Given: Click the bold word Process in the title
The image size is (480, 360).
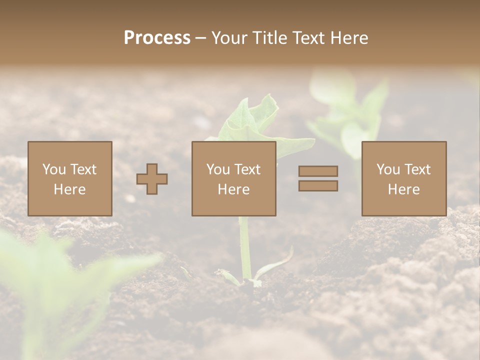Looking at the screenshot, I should tap(157, 38).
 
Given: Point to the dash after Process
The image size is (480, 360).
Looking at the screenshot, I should tap(201, 38).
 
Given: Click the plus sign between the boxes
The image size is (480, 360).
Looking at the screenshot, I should tap(152, 179).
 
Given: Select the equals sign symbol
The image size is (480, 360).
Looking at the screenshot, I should tap(318, 178).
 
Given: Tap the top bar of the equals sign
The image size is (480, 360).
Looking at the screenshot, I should tap(318, 171).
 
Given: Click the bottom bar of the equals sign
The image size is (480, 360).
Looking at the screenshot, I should tap(318, 186).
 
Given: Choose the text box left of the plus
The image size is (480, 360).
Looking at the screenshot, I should tap(70, 178).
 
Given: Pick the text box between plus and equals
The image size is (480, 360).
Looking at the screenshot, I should tap(233, 178).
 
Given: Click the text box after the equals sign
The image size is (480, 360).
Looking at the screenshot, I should tap(403, 178).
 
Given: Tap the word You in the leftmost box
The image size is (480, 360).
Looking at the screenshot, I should tap(52, 169).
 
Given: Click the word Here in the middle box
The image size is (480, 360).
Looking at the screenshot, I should tap(233, 189).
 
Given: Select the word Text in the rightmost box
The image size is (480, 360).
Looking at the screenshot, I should tap(416, 169).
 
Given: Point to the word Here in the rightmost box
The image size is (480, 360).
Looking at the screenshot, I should tap(403, 189).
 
